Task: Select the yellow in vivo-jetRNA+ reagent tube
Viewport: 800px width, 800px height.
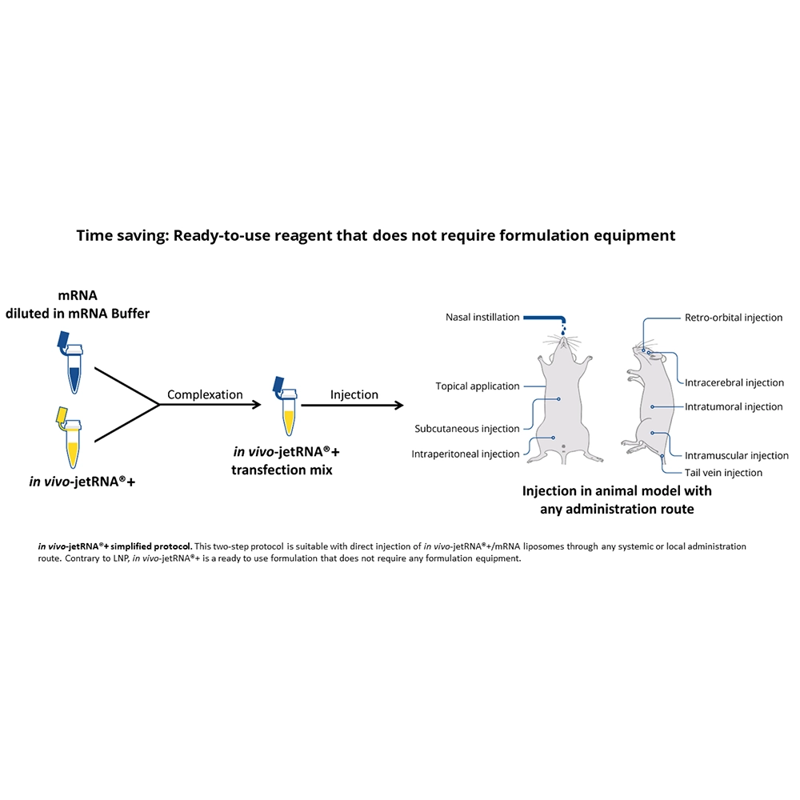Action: point(70,438)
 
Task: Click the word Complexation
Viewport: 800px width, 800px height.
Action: point(205,395)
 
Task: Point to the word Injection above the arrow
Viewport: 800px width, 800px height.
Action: point(354,395)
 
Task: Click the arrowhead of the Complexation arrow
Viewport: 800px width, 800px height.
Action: point(257,405)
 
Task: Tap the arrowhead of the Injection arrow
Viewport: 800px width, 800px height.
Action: point(398,406)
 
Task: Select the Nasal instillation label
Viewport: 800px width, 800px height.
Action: point(482,318)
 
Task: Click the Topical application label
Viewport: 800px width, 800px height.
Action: point(477,386)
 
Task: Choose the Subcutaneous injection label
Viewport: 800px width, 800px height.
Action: point(467,429)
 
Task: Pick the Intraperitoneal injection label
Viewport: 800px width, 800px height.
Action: point(466,454)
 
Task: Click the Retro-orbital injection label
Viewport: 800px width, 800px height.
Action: point(733,318)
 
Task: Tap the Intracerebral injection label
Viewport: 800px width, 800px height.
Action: point(734,382)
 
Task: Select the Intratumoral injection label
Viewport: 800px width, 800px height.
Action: point(733,406)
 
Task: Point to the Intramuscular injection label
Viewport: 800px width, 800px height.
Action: point(736,456)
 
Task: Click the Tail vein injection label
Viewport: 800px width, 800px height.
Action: point(723,473)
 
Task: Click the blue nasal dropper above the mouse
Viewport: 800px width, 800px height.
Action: point(546,320)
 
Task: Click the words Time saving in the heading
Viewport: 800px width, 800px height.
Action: point(122,236)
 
